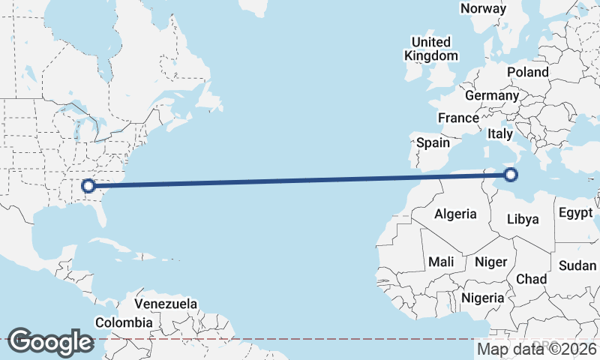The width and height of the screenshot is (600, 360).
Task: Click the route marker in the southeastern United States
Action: [88, 185]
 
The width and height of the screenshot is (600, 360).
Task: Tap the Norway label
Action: [483, 8]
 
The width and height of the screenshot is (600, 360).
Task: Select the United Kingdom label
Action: [430, 49]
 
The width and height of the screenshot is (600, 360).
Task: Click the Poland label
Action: [527, 72]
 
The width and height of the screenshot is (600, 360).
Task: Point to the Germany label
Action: [491, 96]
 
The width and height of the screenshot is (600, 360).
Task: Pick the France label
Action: [458, 118]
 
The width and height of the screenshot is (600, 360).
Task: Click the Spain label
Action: [433, 142]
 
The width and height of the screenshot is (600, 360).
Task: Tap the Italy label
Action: [499, 133]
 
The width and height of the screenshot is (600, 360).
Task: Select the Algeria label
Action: [455, 214]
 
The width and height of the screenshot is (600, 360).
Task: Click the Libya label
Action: [523, 220]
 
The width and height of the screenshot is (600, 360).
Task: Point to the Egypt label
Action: [575, 213]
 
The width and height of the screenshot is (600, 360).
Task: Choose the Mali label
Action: [441, 262]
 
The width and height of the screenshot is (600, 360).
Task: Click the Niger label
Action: [491, 262]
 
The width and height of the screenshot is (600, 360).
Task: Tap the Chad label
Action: [531, 278]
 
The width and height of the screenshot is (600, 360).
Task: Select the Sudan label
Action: [577, 265]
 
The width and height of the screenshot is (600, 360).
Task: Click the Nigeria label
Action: [483, 298]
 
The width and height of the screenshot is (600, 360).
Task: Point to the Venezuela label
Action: [166, 304]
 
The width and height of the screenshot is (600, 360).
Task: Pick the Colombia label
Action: [124, 322]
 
